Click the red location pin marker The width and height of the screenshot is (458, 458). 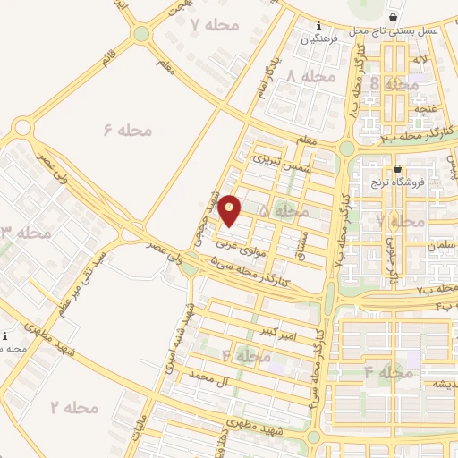[x=230, y=209]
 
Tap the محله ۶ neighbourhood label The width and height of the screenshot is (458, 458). [x=127, y=131]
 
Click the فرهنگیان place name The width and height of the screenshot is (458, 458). [x=321, y=39]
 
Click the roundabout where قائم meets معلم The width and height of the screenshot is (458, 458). [x=140, y=34]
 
